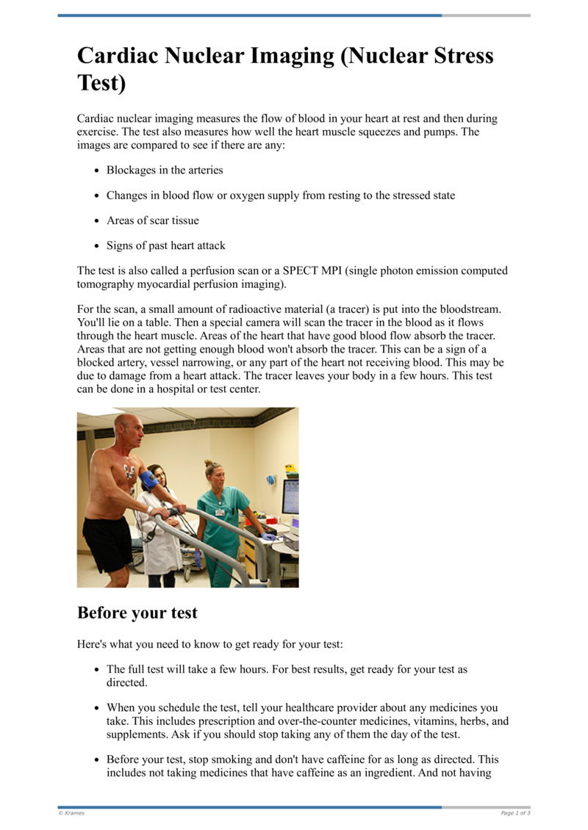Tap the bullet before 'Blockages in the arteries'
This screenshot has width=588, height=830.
point(97,170)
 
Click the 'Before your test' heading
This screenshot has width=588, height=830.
point(137,612)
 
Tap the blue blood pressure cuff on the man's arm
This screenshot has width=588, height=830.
point(148,480)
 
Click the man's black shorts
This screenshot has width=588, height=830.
point(107,543)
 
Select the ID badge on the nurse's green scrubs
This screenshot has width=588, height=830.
point(220,511)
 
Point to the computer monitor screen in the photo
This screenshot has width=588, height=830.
point(291,496)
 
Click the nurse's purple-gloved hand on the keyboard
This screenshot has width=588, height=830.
point(269,537)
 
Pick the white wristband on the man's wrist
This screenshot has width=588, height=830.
point(150,508)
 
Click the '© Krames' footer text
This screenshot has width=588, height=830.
point(71,813)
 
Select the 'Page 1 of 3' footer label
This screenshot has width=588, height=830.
point(515,813)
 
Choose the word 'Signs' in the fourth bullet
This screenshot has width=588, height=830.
point(121,245)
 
